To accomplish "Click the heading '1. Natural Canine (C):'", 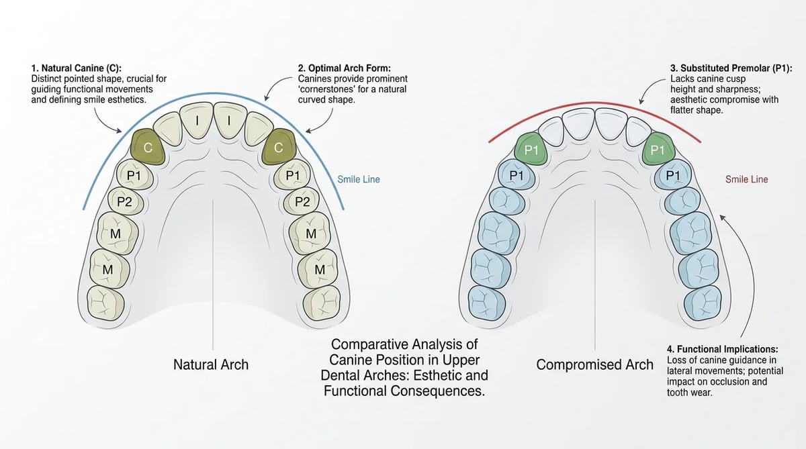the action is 77,68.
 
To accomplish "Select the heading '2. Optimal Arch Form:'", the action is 344,68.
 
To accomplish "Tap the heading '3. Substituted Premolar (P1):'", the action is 731,68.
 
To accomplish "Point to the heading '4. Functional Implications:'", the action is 722,349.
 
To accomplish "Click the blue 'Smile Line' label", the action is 359,179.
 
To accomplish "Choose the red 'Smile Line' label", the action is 747,179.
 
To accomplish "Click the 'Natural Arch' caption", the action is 211,364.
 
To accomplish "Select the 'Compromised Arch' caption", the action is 595,364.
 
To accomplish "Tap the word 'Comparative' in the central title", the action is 369,344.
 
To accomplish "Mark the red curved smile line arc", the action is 594,103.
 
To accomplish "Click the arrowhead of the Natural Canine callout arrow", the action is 120,132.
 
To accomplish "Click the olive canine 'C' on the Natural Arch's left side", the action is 148,147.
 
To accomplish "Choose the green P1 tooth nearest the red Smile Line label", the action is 658,149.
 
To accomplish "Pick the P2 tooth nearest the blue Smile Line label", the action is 302,201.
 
